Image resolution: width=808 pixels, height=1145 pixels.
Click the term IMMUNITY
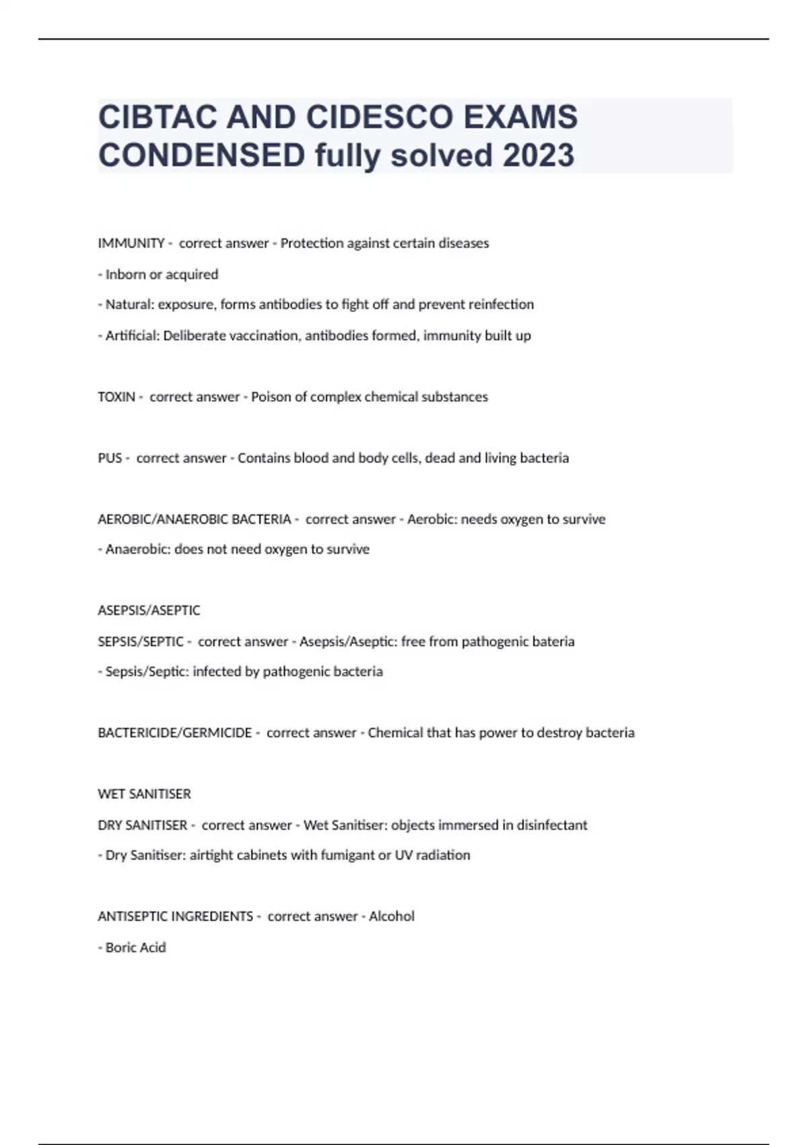point(131,243)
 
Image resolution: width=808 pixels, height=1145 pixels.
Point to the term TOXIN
point(116,397)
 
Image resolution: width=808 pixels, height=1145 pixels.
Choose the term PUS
point(110,458)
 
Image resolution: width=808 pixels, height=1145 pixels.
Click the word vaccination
point(265,335)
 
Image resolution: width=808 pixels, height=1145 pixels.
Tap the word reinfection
point(501,304)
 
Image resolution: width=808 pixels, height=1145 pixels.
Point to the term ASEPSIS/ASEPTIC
point(149,610)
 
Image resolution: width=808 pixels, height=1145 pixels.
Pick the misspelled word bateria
point(555,641)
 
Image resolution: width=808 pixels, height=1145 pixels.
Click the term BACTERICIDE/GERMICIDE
point(174,733)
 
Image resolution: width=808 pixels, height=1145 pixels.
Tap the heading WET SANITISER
point(144,794)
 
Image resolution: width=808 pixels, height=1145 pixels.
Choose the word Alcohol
point(391,917)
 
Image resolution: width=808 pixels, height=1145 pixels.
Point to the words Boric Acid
point(135,948)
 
